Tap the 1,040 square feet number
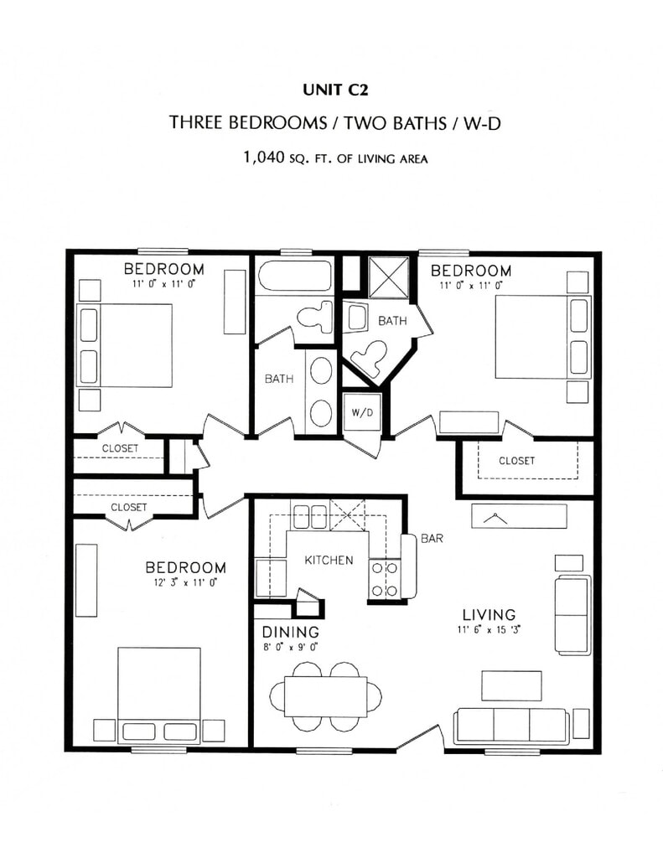coord(263,157)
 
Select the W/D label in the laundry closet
coord(361,411)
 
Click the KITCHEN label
coord(328,560)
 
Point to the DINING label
coord(290,632)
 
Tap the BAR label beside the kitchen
coord(432,539)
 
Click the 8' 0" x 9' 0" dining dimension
coord(290,646)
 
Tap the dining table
coord(325,695)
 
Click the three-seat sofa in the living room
coord(510,725)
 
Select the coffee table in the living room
coord(510,685)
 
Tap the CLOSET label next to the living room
coord(516,461)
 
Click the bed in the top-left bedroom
coord(125,344)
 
